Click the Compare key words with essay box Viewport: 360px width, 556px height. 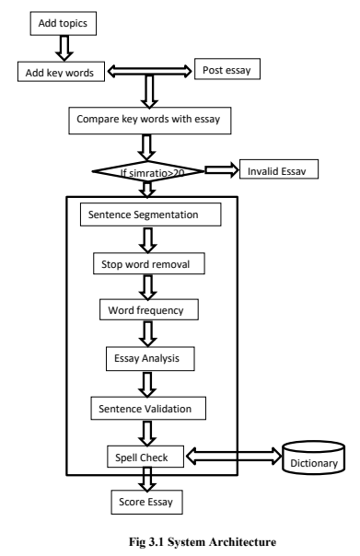[146, 119]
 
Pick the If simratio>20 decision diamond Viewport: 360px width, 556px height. [146, 172]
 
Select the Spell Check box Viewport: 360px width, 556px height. [147, 455]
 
